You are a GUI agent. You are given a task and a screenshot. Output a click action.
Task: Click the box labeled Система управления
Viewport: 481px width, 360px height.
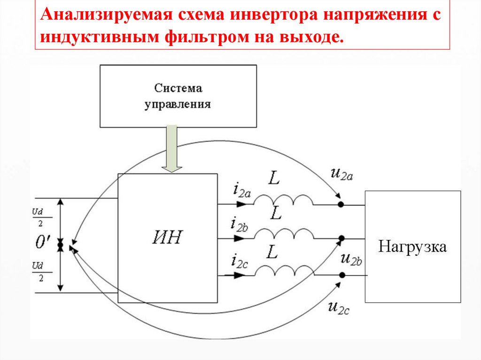[x=178, y=96]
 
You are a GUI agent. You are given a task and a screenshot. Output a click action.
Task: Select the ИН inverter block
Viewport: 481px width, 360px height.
[x=167, y=238]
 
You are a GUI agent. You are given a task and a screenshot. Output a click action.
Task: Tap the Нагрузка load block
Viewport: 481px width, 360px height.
[x=413, y=247]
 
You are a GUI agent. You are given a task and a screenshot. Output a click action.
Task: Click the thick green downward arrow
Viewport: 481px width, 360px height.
[x=172, y=148]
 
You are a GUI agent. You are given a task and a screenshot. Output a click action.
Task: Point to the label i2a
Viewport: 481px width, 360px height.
[x=241, y=190]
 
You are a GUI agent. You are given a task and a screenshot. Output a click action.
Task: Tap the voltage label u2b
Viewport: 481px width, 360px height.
[x=351, y=259]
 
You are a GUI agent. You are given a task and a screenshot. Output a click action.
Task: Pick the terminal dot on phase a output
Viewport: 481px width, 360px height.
[x=341, y=205]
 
